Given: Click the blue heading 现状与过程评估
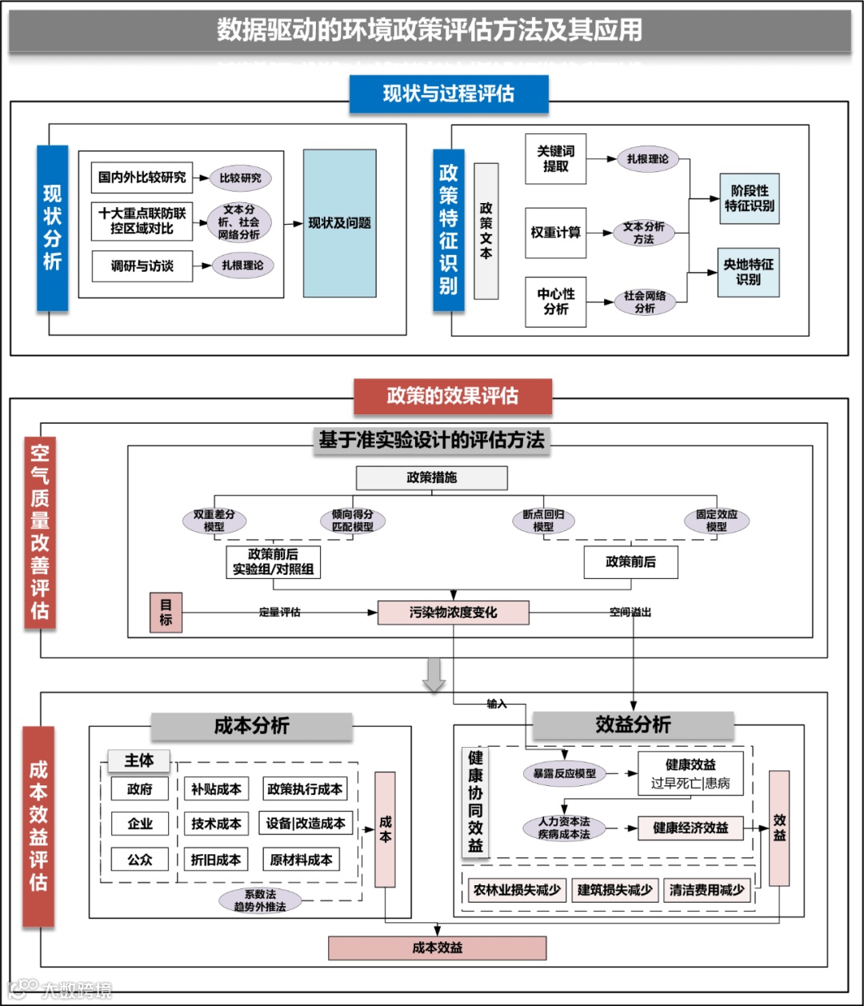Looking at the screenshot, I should click(x=448, y=94).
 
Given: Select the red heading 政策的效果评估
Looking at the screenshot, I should click(x=452, y=396).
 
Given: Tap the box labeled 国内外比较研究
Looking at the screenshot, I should click(x=142, y=177).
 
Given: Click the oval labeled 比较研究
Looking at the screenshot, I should click(x=240, y=178).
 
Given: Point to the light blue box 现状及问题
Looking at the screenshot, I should click(x=339, y=223).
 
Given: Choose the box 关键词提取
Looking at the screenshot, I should click(x=555, y=158).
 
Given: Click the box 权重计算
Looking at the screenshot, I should click(x=555, y=233).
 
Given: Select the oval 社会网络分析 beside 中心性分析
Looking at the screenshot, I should click(x=645, y=302).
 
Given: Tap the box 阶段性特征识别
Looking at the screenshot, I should click(x=749, y=198).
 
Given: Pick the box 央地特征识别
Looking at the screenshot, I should click(x=748, y=272).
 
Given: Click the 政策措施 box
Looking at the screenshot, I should click(x=431, y=477).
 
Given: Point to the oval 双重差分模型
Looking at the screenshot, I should click(x=214, y=521).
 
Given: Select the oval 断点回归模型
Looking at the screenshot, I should click(x=543, y=521).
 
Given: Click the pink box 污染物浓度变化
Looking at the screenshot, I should click(x=453, y=613).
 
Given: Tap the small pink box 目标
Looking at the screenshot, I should click(x=166, y=613).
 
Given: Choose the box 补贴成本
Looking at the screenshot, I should click(x=215, y=789).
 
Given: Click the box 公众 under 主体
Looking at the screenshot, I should click(x=140, y=860).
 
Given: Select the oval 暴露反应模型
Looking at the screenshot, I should click(x=564, y=773).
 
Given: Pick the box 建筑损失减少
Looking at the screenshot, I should click(x=614, y=890).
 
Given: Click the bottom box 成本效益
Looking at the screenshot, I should click(x=437, y=948).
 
